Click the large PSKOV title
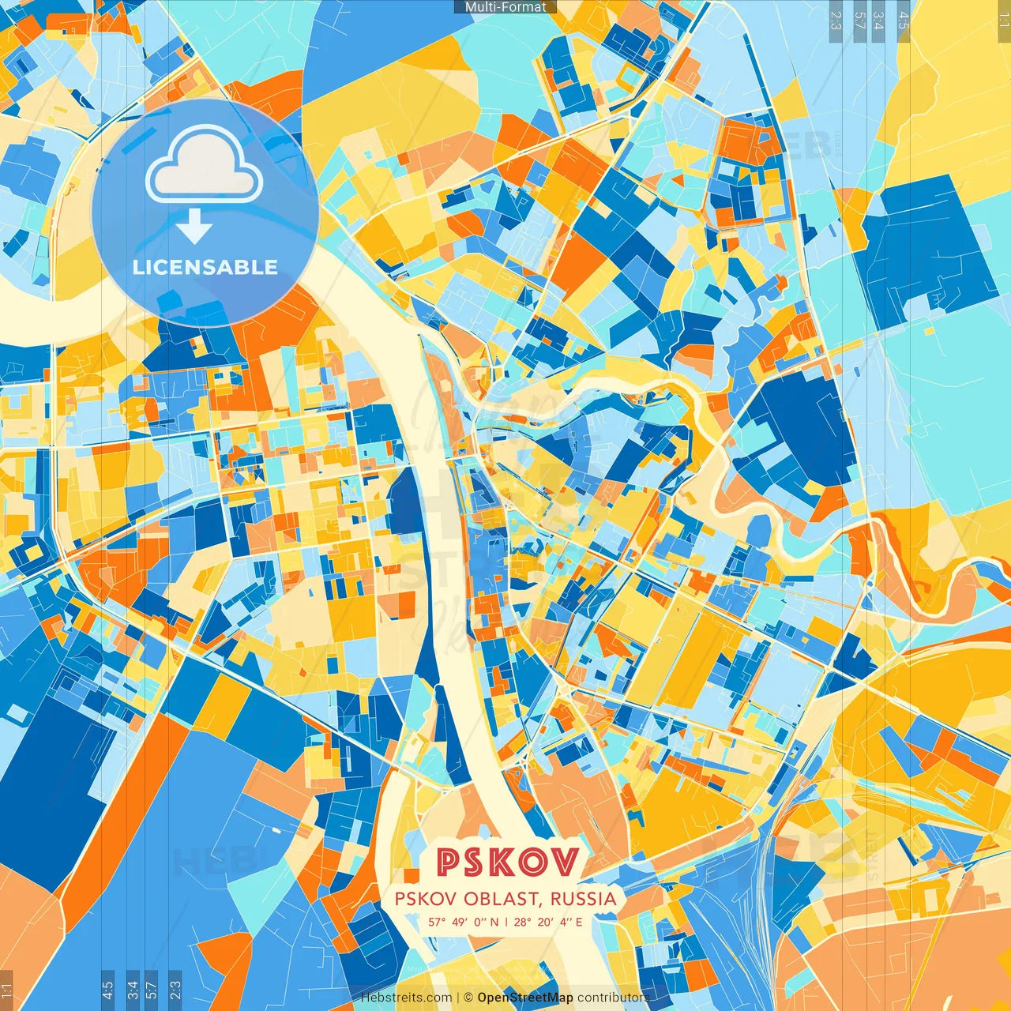coord(507,863)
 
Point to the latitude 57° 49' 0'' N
coord(464,922)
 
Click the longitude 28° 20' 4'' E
coord(549,922)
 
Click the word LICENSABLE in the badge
coord(205,267)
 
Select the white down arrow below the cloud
coord(194,229)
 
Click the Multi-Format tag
coord(505,7)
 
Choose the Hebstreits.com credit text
coord(407,998)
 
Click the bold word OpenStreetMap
coord(525,998)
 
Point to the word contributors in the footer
coord(613,998)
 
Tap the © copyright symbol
coord(468,998)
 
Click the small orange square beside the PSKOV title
coord(411,876)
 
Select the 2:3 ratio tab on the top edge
coord(836,19)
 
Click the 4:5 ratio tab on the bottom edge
coord(107,989)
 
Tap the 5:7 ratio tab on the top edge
coord(859,19)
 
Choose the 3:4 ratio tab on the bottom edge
coord(133,989)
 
